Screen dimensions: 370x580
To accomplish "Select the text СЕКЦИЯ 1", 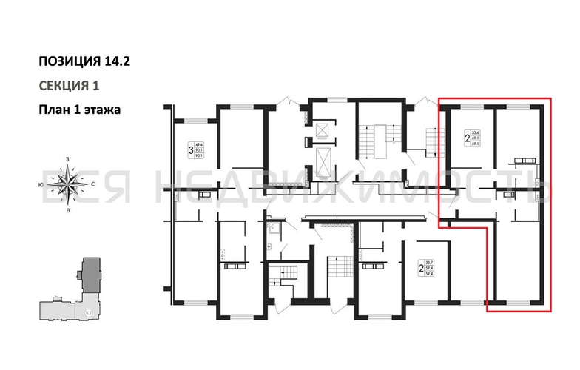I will [x=68, y=85].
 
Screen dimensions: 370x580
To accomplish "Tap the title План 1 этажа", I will [x=79, y=108].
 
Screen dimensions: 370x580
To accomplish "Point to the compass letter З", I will [x=67, y=159].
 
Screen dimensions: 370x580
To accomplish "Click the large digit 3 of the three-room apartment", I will [x=190, y=151].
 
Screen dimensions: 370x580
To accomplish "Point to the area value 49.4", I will [x=198, y=145].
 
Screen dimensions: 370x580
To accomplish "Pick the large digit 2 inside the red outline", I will [x=465, y=137].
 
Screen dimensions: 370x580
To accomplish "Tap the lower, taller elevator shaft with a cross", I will [x=323, y=161].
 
